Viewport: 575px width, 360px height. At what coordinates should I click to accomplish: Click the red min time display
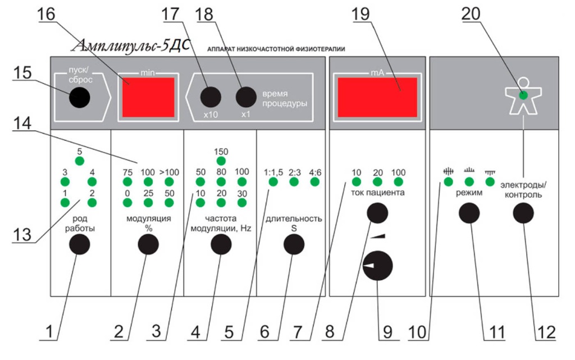point(148,97)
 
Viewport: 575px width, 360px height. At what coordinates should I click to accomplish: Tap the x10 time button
point(211,97)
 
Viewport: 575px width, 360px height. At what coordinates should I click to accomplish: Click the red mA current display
point(377,97)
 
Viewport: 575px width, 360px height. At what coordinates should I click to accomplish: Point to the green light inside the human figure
point(523,95)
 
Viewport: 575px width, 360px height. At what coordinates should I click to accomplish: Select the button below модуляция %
point(148,244)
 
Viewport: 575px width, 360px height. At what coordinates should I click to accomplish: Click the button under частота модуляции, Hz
point(221,244)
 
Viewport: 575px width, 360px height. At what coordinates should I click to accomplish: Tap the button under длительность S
point(294,244)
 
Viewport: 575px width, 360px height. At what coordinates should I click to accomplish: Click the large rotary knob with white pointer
point(378,266)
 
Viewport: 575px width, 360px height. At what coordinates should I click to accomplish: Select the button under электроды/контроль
point(523,213)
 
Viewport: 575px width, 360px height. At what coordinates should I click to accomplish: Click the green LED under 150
point(221,161)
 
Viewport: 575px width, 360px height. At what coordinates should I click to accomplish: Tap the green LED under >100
point(169,181)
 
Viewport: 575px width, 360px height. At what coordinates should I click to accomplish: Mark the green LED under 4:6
point(314,181)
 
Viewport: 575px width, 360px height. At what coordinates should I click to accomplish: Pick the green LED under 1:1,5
point(273,181)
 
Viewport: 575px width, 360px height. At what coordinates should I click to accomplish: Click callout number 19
point(360,14)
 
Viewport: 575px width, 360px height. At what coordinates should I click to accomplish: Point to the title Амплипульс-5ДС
point(132,46)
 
